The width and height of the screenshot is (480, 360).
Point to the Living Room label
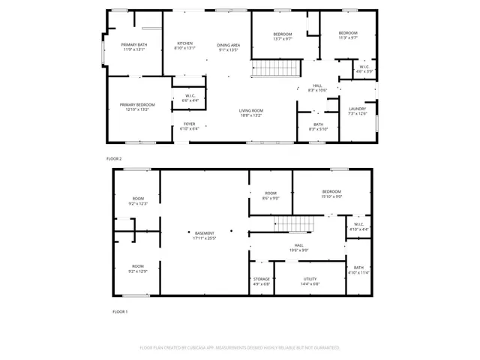[x=250, y=112]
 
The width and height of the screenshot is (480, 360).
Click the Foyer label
[x=188, y=126]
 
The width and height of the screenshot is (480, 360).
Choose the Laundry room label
[x=357, y=111]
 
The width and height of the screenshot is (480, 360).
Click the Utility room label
[x=310, y=281]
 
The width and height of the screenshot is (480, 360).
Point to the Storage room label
[x=261, y=281]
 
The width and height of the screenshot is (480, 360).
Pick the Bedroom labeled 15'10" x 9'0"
[x=331, y=193]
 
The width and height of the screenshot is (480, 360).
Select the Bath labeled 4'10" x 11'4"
[x=358, y=270]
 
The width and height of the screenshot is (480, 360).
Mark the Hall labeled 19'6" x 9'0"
[x=298, y=247]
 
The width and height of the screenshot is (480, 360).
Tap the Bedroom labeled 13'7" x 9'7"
[x=282, y=37]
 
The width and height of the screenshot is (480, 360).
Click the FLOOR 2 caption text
[x=114, y=158]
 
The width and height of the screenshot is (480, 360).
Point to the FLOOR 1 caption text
[x=120, y=311]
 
